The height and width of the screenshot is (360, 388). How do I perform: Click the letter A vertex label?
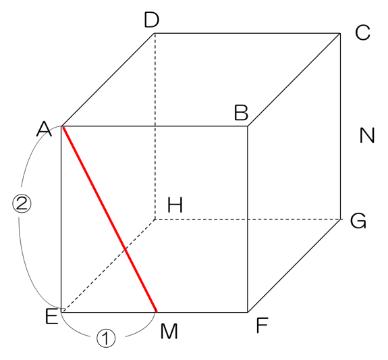[x=44, y=129]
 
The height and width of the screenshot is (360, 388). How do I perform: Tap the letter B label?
[x=241, y=113]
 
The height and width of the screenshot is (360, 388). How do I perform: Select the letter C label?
[x=362, y=32]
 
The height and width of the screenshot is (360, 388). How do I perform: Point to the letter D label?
[x=151, y=20]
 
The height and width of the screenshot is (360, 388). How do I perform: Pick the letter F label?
[x=262, y=326]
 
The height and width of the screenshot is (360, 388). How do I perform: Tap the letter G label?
[x=358, y=221]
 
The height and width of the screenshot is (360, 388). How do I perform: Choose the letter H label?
[x=175, y=205]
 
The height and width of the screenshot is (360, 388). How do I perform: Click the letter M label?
[x=169, y=331]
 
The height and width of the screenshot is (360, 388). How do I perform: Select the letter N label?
[x=367, y=135]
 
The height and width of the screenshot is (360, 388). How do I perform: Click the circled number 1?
[x=106, y=338]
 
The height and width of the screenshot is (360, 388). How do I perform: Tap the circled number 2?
[x=22, y=203]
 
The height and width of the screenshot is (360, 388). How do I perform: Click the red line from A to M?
[x=109, y=219]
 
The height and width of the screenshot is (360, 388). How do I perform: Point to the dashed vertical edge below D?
[x=155, y=126]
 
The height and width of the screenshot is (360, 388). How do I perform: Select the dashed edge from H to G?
[x=248, y=220]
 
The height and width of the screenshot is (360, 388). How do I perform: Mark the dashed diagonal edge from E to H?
[x=108, y=265]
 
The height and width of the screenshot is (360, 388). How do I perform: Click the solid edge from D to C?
[x=247, y=33]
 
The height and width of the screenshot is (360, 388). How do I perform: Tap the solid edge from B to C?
[x=294, y=80]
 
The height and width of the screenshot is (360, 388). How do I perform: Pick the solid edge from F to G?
[x=294, y=265]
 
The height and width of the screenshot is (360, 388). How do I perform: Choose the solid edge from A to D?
[x=108, y=80]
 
